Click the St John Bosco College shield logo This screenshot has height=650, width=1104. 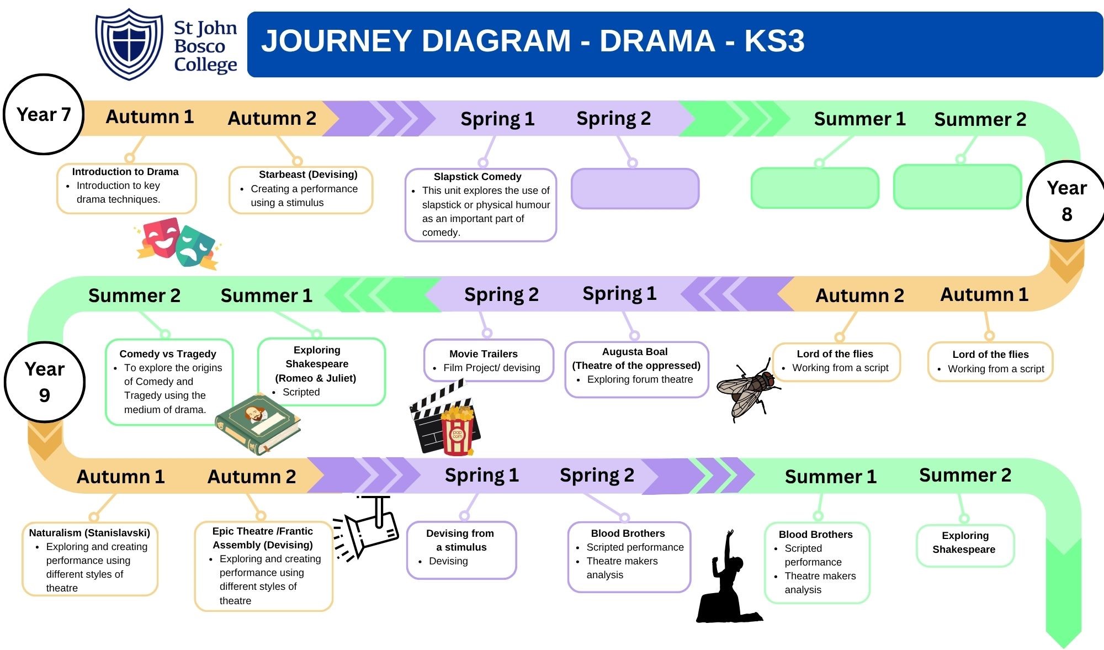(x=129, y=44)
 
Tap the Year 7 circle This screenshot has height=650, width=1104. (x=44, y=114)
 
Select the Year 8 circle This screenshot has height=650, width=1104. (x=1066, y=201)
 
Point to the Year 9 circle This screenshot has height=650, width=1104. (x=44, y=382)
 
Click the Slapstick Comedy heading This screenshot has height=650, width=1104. (x=477, y=177)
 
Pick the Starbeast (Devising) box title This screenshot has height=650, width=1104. (x=308, y=175)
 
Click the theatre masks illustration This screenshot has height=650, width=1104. (x=177, y=243)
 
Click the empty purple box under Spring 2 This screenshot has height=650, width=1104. (x=635, y=189)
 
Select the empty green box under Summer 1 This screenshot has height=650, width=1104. (x=815, y=188)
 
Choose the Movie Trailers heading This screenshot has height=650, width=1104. (x=484, y=354)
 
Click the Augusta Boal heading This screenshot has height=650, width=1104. (x=635, y=352)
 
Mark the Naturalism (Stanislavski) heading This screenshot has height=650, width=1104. (x=89, y=533)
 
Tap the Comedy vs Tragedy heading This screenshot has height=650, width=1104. (x=168, y=354)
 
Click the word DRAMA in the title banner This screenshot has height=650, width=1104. (x=657, y=41)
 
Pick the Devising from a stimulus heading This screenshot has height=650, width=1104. (x=460, y=540)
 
